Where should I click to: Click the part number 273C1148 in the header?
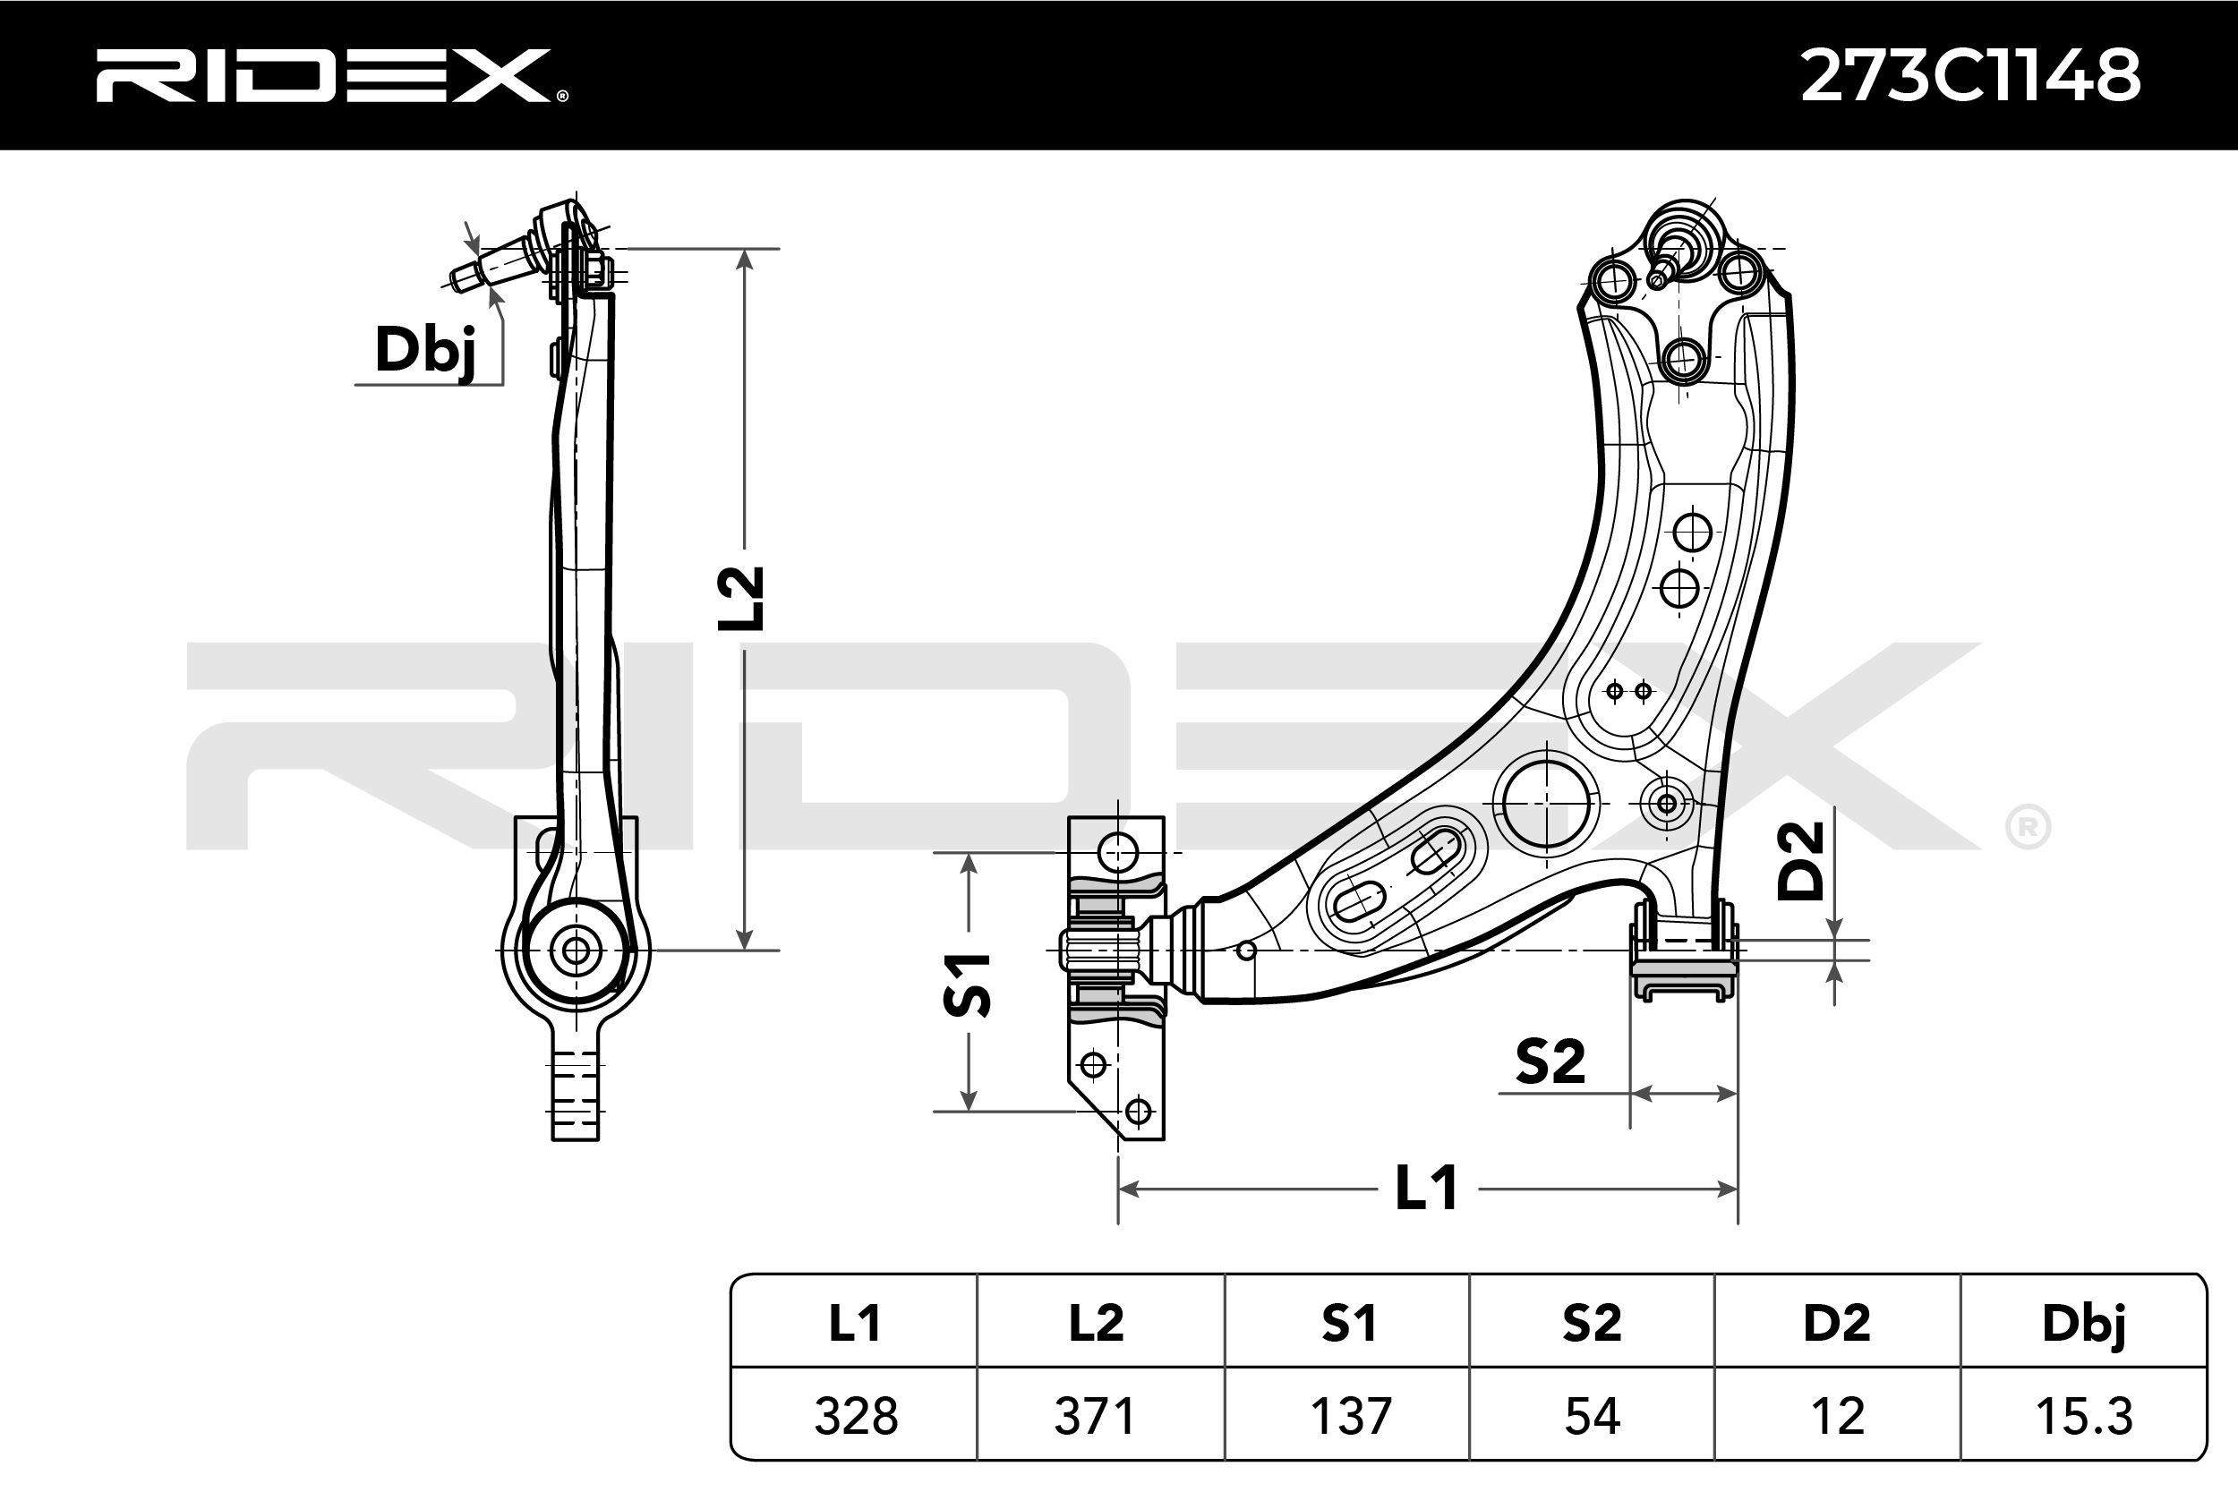1969,76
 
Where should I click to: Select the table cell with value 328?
855,1416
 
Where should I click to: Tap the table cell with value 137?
1350,1416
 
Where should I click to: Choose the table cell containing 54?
1592,1416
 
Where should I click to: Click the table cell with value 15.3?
2084,1416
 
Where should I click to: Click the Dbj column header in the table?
2084,1324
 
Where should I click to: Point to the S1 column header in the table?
1350,1324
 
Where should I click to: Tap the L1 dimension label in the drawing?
1426,1189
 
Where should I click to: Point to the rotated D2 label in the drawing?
1800,861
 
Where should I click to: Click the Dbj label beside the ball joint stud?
424,350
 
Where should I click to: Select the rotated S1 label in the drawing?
967,984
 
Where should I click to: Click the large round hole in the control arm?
1546,803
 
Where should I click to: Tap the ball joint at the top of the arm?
1684,238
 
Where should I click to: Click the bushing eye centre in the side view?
576,950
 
